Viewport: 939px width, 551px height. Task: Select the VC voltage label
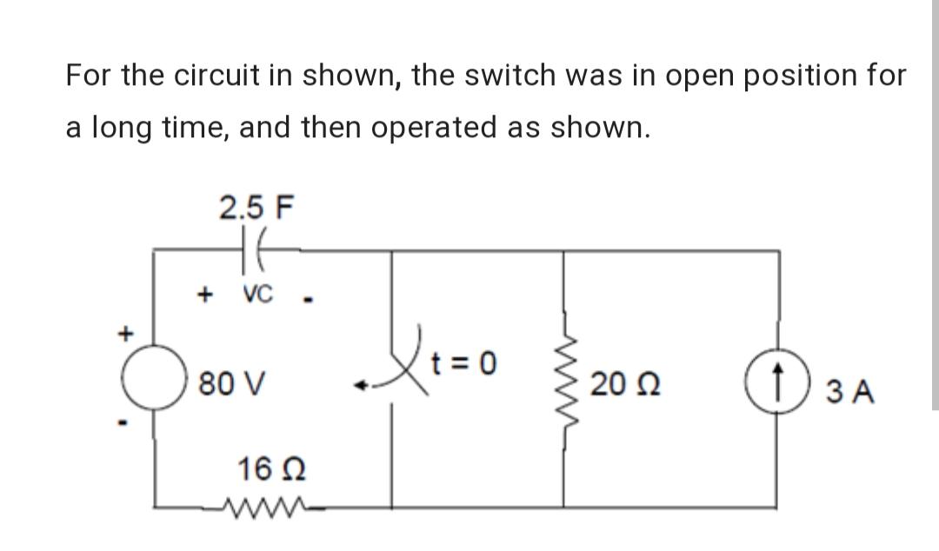tap(257, 295)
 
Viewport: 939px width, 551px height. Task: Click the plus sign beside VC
tap(206, 295)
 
